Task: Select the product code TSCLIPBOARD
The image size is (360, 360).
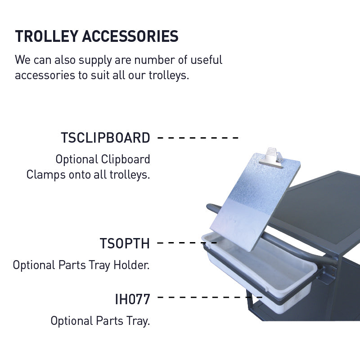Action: pyautogui.click(x=105, y=138)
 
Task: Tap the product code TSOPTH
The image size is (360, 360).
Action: pyautogui.click(x=124, y=243)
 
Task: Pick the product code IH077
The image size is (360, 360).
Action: pyautogui.click(x=132, y=298)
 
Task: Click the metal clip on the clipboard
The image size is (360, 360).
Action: pyautogui.click(x=274, y=157)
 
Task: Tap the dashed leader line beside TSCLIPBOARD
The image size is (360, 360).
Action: pyautogui.click(x=198, y=138)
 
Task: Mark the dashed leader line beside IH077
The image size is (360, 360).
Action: pyautogui.click(x=209, y=297)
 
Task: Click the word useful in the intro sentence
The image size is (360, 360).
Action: pyautogui.click(x=205, y=60)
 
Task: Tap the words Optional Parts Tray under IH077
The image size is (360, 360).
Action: pyautogui.click(x=100, y=321)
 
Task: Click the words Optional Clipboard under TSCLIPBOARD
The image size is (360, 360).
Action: pyautogui.click(x=103, y=159)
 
